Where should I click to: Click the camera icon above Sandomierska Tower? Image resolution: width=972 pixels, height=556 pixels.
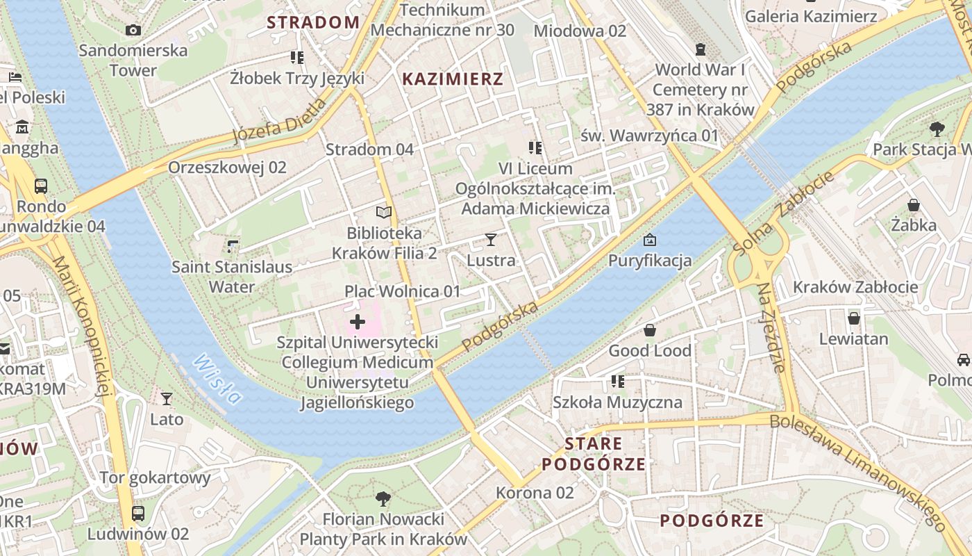tap(133, 30)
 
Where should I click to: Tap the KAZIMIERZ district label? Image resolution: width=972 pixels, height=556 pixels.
tap(453, 79)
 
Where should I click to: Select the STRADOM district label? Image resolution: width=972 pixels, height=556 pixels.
tap(313, 22)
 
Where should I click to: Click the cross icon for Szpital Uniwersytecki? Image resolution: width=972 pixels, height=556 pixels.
tap(358, 322)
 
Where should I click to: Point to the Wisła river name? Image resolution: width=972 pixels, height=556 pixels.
tap(218, 379)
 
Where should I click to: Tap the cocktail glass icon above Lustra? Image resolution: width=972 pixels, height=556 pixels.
tap(491, 240)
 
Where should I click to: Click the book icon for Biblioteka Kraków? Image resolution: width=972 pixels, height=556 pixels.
tap(384, 213)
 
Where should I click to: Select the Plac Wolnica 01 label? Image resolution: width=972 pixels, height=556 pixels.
tap(403, 291)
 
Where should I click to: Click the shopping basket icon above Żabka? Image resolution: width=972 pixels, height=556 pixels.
tap(914, 205)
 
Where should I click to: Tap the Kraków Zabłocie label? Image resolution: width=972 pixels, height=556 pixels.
tap(865, 287)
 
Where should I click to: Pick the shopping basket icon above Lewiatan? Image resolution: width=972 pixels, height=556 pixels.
tap(853, 318)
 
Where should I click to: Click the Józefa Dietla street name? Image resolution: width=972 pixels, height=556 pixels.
tap(279, 120)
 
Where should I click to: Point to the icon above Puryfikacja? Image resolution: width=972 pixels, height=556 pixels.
tap(649, 240)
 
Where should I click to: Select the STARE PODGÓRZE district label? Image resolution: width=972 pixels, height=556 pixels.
tap(594, 454)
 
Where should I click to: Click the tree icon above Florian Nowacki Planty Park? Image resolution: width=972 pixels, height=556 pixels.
tap(383, 498)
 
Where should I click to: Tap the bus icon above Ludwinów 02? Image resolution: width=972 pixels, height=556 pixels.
tap(138, 514)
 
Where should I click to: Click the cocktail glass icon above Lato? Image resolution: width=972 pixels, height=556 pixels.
tap(167, 398)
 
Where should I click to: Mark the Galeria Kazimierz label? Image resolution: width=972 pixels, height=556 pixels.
tap(811, 17)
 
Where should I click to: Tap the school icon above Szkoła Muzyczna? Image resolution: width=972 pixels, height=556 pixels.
tap(617, 382)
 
